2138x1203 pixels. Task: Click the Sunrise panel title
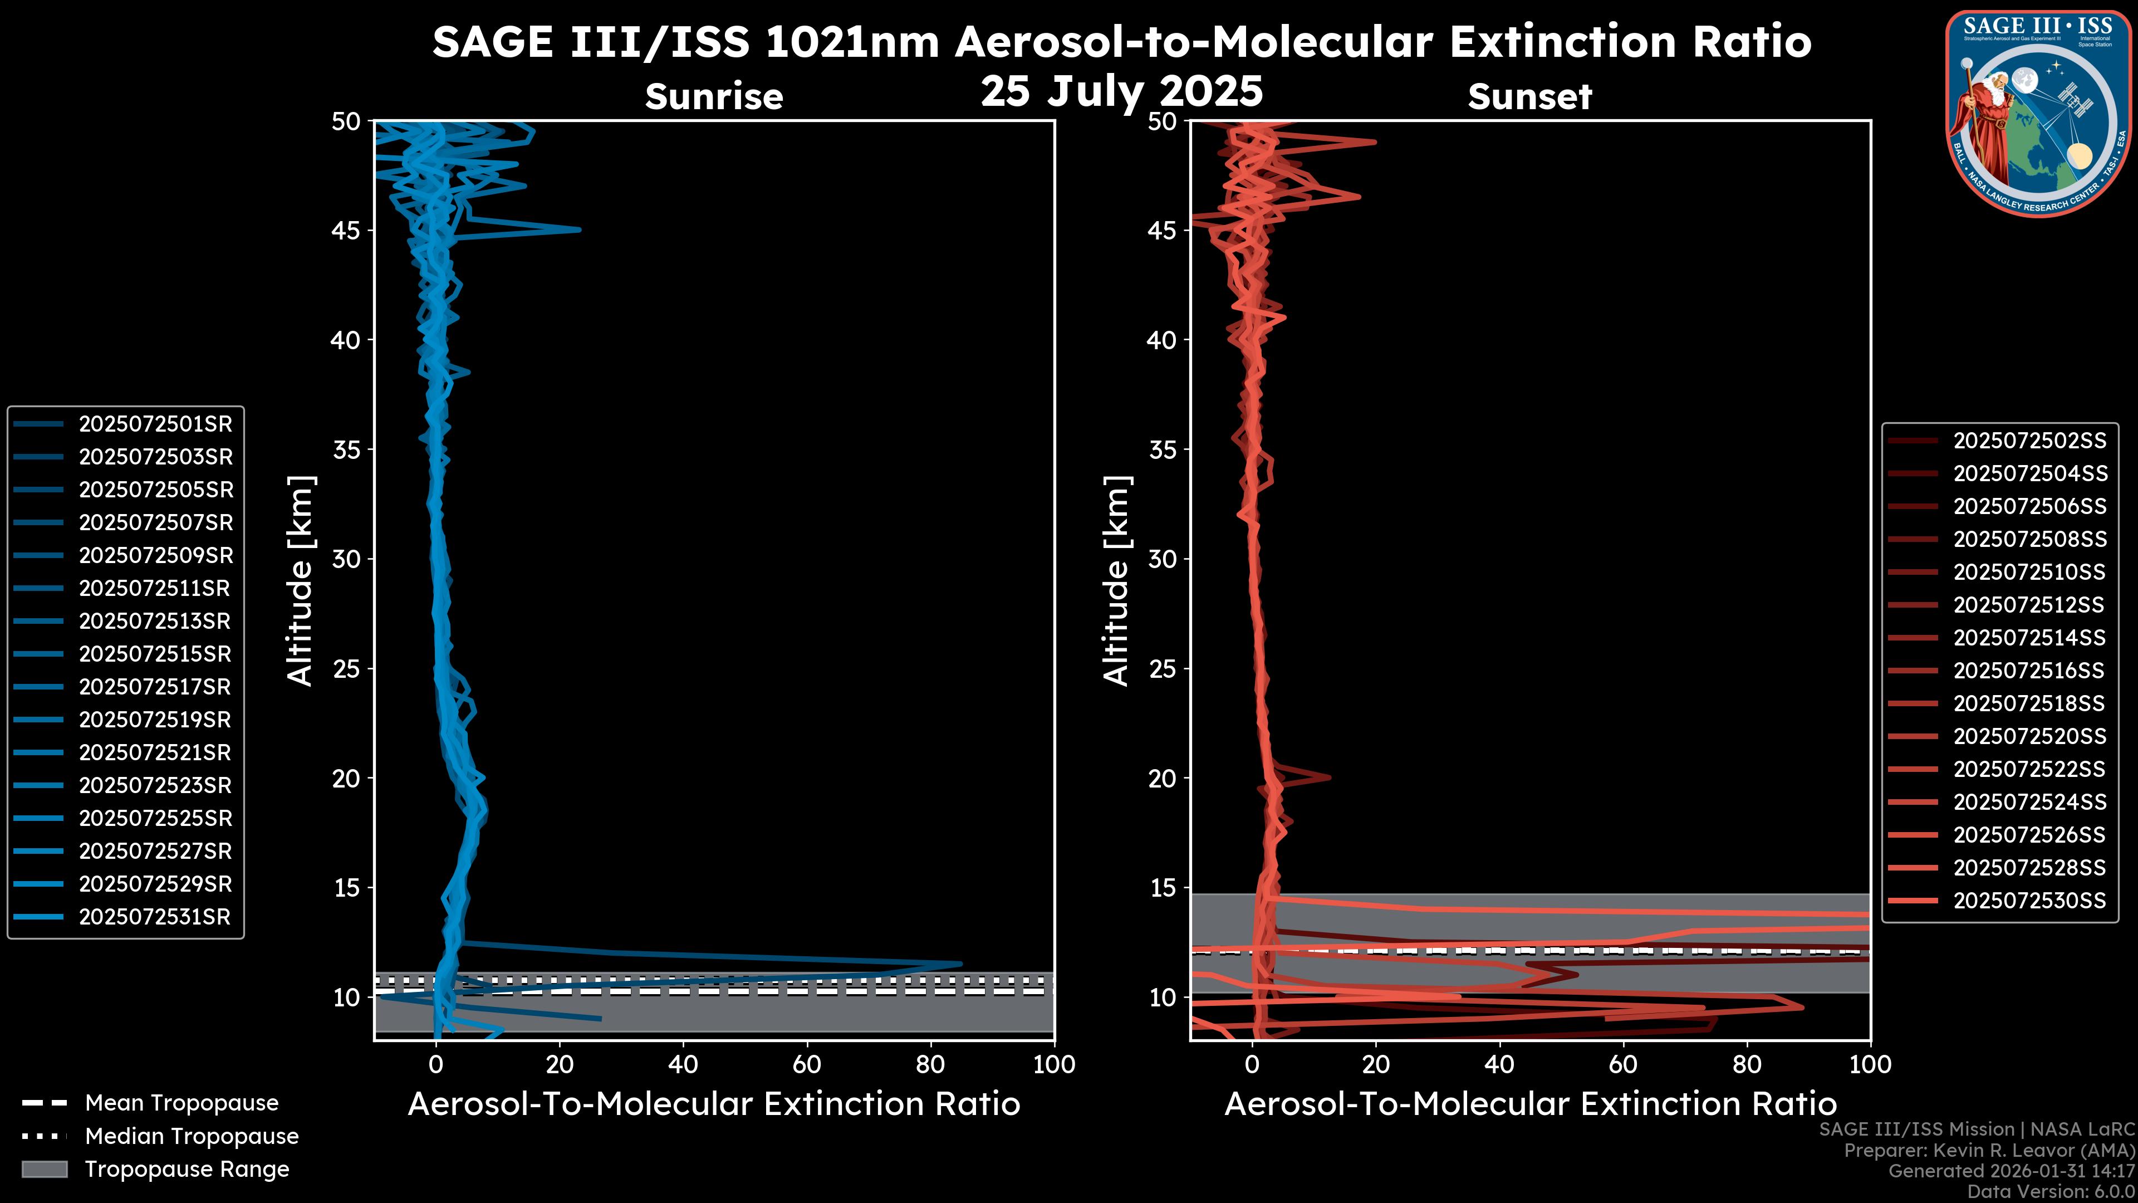[714, 96]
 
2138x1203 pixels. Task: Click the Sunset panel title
[1529, 96]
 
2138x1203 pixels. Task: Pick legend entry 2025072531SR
[154, 917]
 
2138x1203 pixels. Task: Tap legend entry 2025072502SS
[2029, 441]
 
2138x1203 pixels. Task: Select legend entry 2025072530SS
[2029, 901]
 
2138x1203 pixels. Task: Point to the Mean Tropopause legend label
[182, 1103]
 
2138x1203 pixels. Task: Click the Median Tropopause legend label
[192, 1137]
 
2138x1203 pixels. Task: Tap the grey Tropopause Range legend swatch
[45, 1169]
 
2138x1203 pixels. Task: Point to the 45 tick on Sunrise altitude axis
[347, 231]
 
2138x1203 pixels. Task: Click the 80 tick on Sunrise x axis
[930, 1064]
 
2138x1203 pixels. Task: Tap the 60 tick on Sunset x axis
[1622, 1064]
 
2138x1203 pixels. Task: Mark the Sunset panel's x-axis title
[1529, 1104]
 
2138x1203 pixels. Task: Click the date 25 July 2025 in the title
[1121, 91]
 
